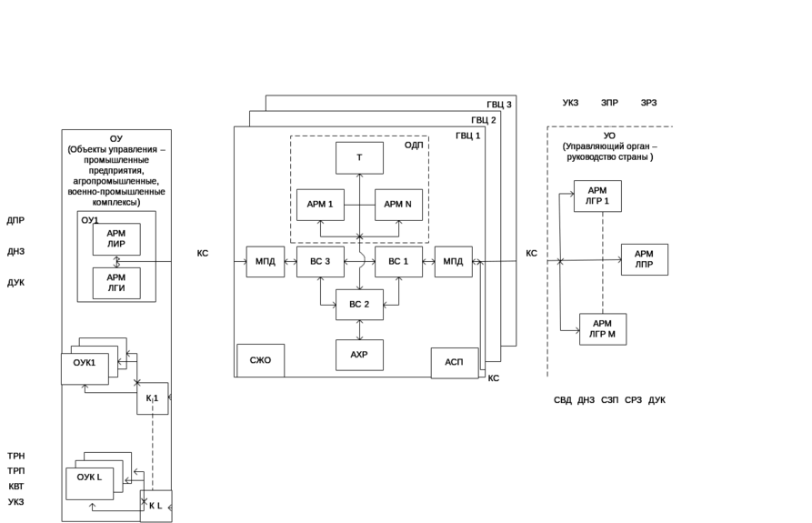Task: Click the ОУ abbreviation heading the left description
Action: [x=115, y=139]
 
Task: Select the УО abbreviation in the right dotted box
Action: [x=608, y=136]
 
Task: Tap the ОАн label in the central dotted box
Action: [x=412, y=145]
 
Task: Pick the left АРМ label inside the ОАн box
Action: [x=319, y=204]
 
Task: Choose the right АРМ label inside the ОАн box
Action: [x=397, y=204]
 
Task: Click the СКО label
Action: [x=260, y=360]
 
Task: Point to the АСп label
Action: [x=453, y=362]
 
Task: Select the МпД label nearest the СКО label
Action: [x=266, y=262]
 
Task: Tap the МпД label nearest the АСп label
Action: [x=453, y=262]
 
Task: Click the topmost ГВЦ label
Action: [x=500, y=105]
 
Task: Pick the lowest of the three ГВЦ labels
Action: [x=469, y=136]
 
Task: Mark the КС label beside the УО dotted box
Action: [x=533, y=252]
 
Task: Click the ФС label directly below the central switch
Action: [x=359, y=304]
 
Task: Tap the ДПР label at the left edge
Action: [x=15, y=220]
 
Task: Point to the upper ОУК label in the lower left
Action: [x=85, y=363]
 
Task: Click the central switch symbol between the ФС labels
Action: [x=360, y=262]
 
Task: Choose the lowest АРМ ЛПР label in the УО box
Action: [x=602, y=328]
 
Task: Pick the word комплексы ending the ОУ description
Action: [x=117, y=202]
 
